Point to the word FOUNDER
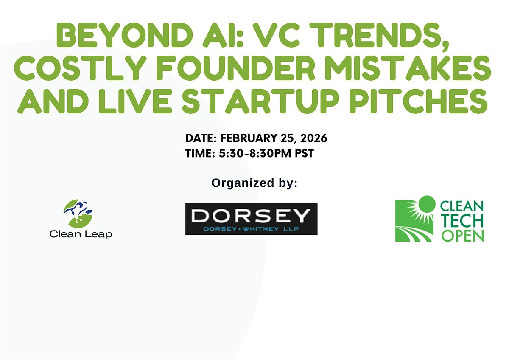[x=236, y=68]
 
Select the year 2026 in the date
[x=313, y=138]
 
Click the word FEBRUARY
[x=249, y=138]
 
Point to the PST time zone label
[x=304, y=153]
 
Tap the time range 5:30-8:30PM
[x=255, y=153]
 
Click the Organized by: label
[x=254, y=183]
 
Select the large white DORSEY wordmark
[x=251, y=215]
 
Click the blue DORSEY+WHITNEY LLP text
[x=251, y=229]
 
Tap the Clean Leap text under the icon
[x=81, y=234]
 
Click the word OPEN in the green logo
[x=462, y=236]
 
